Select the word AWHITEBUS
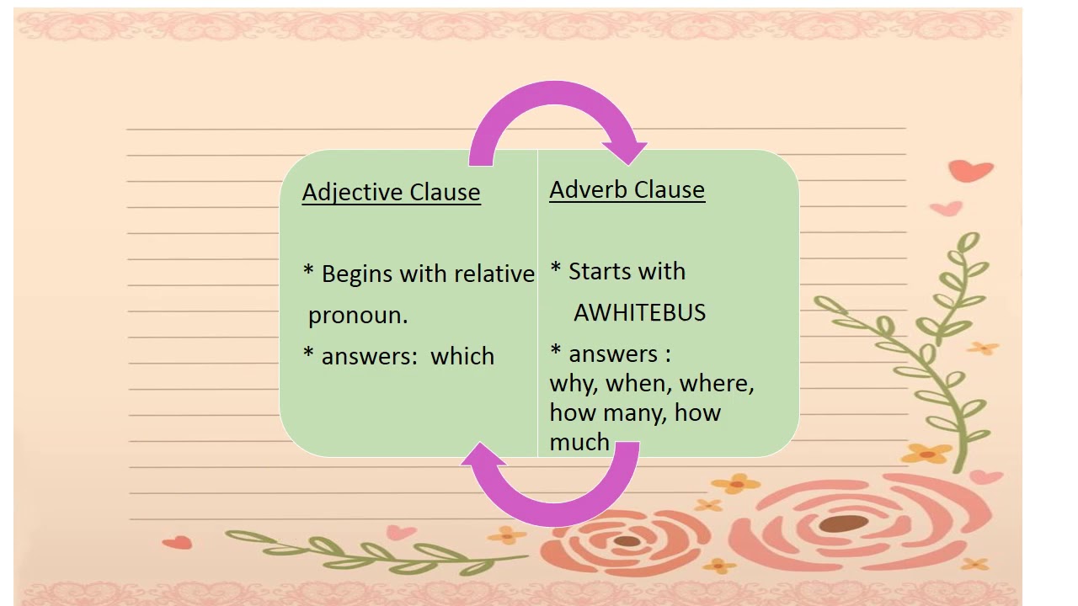coord(639,313)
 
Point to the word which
coord(462,356)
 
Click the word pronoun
coord(358,316)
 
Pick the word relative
coord(494,274)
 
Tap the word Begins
coord(358,274)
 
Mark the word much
coord(579,442)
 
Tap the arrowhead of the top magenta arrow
coord(626,152)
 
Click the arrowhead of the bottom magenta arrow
coord(483,454)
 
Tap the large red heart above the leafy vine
coord(971,171)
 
